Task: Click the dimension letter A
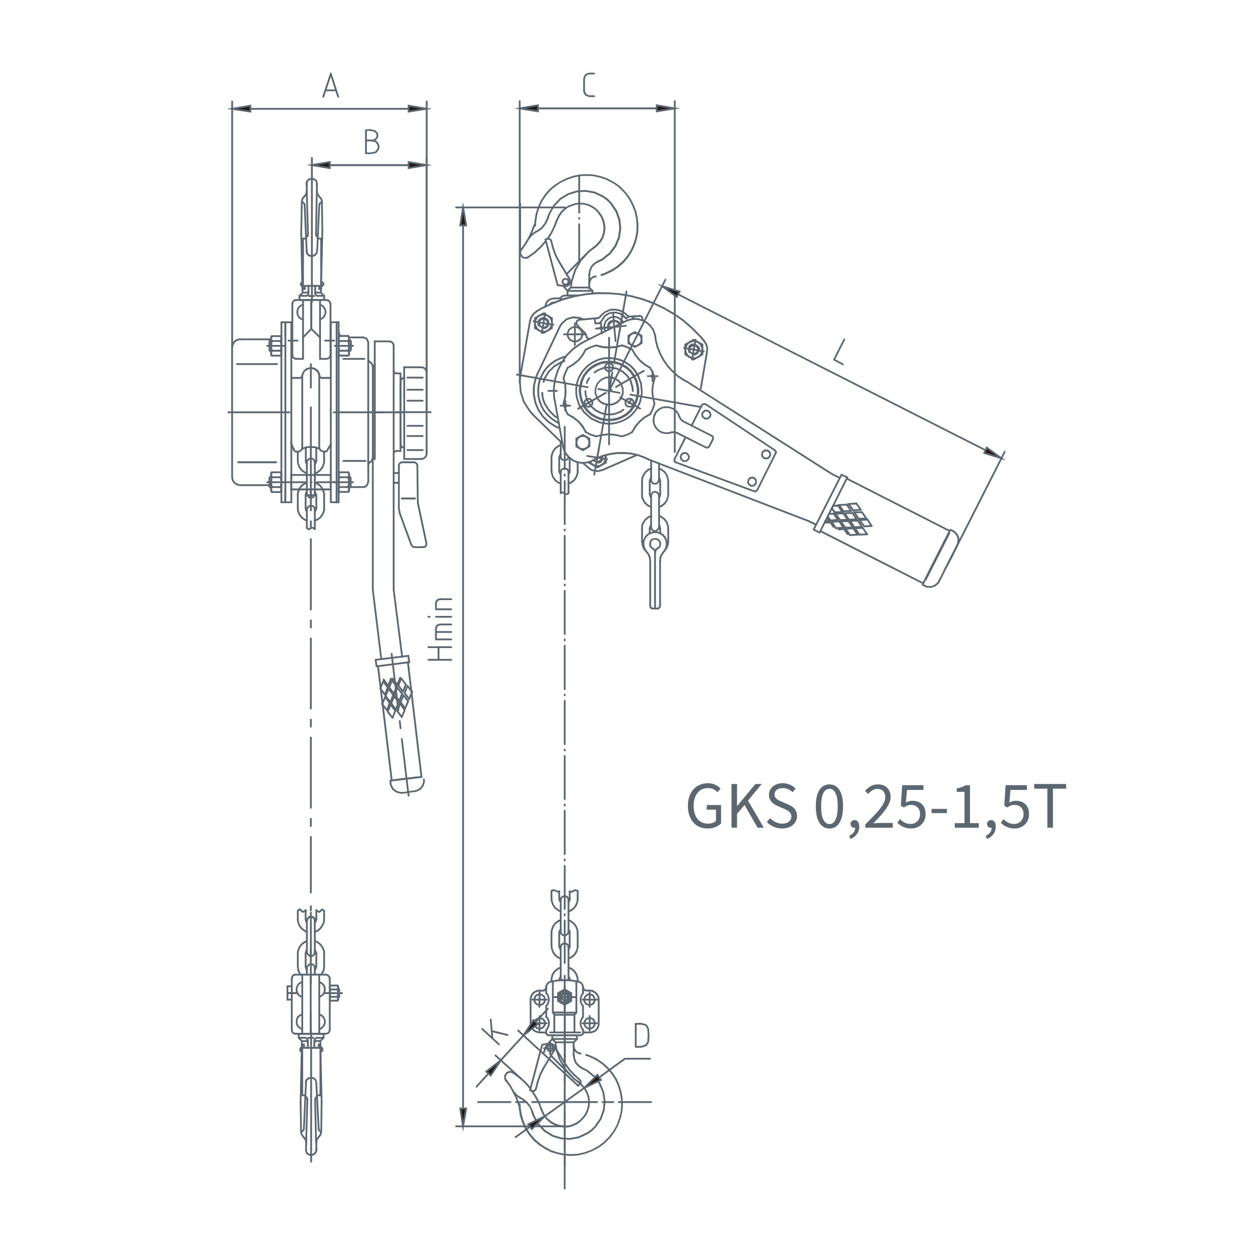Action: pos(331,85)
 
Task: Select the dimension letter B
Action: pos(371,142)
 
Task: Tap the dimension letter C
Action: pos(588,85)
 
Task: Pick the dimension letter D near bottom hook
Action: pos(641,1036)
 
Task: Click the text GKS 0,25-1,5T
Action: pos(877,806)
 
